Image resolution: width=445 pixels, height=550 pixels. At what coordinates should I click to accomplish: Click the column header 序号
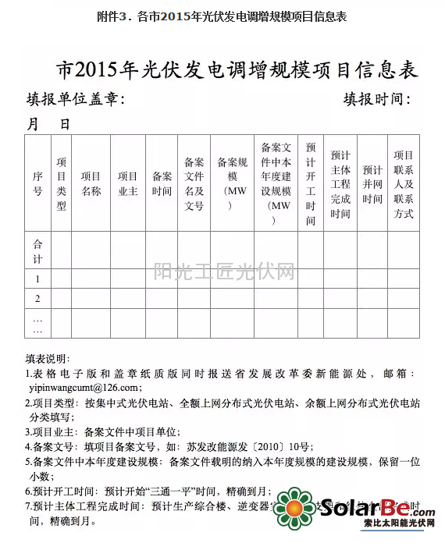[37, 184]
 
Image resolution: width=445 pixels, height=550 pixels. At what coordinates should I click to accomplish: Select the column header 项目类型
[62, 184]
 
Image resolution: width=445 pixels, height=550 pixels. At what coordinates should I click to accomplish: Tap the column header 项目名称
[91, 184]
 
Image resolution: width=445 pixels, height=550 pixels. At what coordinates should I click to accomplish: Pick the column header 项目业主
[127, 184]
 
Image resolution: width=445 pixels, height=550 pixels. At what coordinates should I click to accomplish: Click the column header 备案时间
[162, 184]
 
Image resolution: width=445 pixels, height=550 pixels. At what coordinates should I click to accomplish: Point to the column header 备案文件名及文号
[194, 184]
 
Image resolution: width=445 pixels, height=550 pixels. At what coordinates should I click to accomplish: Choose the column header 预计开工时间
[311, 184]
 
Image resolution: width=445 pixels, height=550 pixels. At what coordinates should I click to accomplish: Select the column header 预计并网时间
[372, 184]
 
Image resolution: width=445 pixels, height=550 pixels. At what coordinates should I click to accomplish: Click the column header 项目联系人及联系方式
[404, 184]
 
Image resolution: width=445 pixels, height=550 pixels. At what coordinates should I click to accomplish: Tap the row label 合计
[37, 251]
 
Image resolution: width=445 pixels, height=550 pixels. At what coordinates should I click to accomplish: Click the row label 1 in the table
[37, 279]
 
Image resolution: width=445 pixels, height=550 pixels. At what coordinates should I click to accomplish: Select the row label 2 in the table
[37, 299]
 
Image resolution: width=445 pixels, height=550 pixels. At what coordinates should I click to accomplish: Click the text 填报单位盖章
[74, 100]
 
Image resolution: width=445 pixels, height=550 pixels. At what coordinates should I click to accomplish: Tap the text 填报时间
[375, 100]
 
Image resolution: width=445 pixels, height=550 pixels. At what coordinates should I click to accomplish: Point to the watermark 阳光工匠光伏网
[223, 272]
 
